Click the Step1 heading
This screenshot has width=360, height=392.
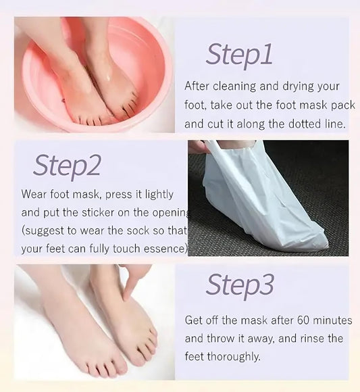coord(239,55)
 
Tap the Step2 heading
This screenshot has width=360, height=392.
coord(67,166)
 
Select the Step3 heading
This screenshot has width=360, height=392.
coord(240,286)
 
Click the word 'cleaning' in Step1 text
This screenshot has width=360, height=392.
coord(234,87)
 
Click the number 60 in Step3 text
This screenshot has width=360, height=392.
coord(303,320)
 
